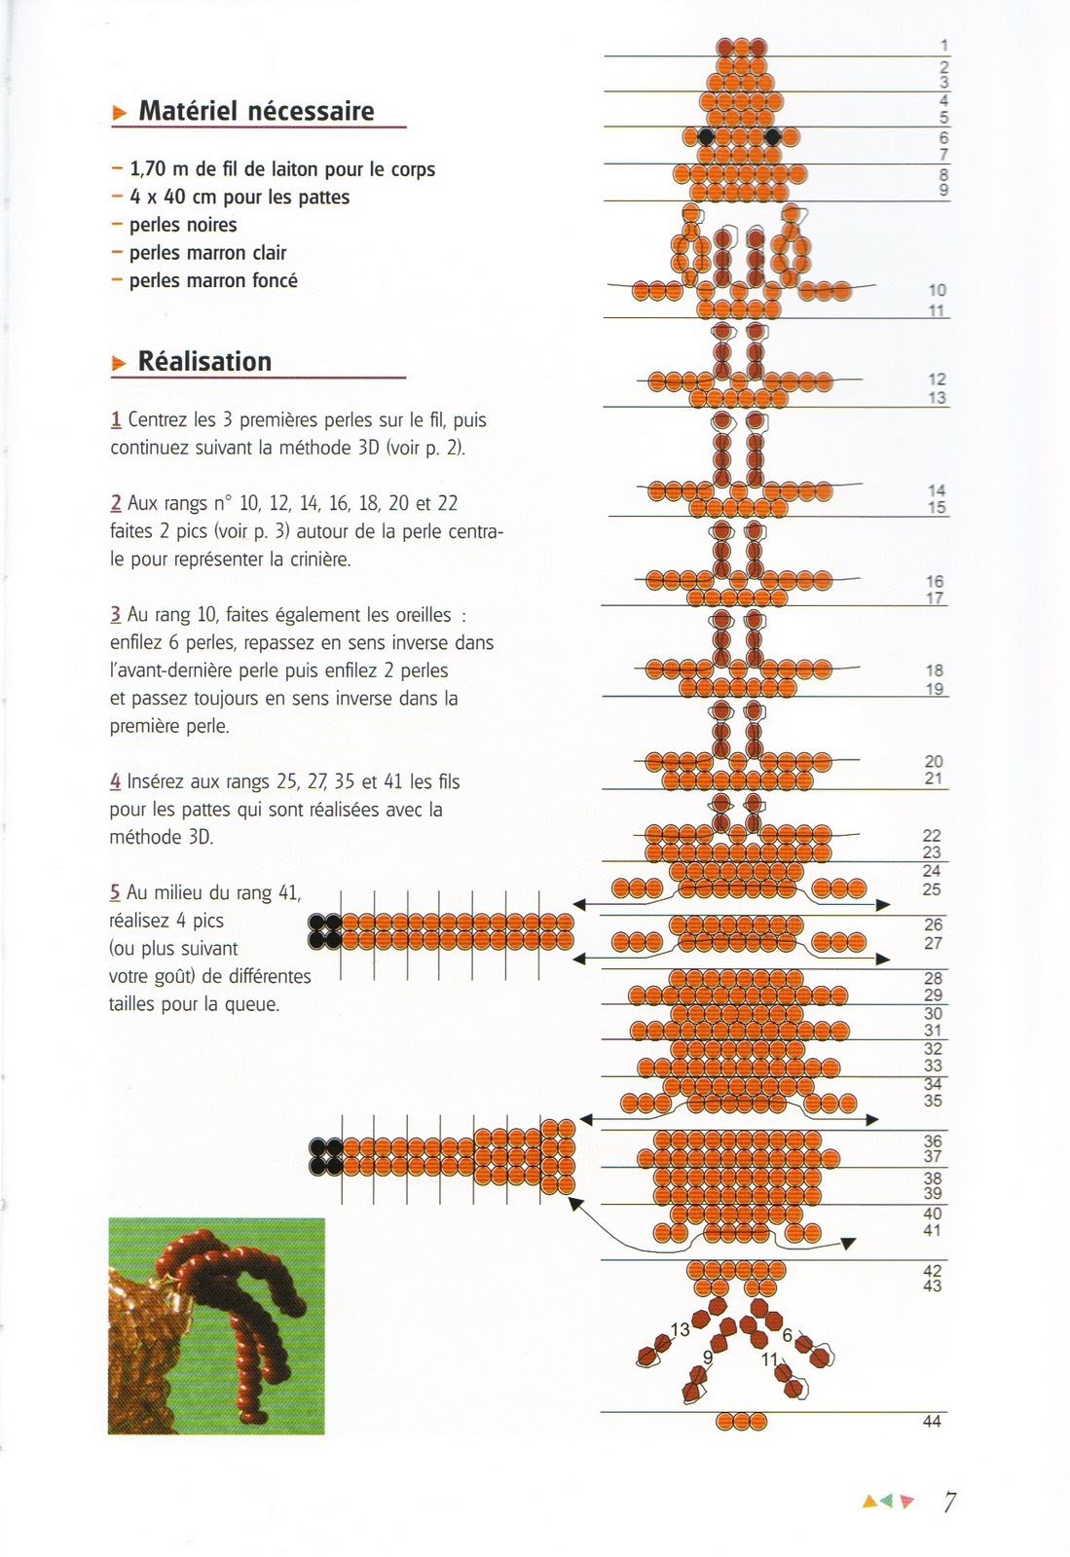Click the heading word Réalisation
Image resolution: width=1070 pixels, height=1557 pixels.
204,362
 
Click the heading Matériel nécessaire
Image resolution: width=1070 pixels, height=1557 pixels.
256,111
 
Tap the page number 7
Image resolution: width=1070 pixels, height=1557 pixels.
949,1502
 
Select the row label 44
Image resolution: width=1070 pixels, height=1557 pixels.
932,1422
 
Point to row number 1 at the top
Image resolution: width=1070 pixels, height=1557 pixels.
944,45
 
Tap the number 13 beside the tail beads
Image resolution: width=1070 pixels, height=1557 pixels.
680,1329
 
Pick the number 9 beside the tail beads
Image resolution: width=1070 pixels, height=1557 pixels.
708,1357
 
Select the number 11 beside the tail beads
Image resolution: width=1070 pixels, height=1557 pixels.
770,1359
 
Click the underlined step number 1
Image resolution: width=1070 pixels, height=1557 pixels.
116,420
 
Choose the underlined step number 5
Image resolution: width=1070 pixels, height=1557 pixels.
115,892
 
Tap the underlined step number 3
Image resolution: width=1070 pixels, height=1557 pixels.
116,615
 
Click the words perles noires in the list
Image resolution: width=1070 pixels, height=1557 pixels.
183,225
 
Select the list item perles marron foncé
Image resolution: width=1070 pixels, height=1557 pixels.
213,280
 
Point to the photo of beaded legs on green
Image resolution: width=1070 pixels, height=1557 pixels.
216,1325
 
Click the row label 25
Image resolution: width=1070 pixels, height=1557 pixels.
932,889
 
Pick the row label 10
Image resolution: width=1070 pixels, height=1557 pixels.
937,290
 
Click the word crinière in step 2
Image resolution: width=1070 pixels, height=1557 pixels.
314,560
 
